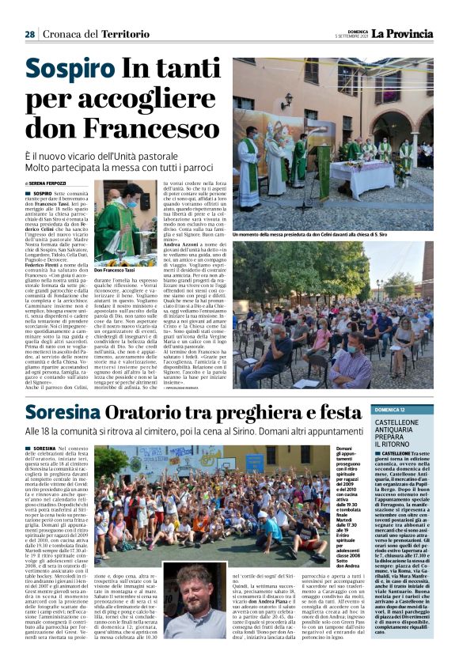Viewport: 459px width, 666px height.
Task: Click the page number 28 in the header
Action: click(x=29, y=35)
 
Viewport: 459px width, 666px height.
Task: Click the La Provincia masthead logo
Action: click(x=404, y=33)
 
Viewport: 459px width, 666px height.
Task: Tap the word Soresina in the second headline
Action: click(x=71, y=413)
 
